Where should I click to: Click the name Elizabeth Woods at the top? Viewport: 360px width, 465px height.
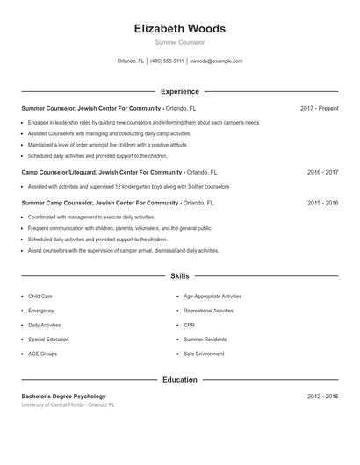click(x=179, y=29)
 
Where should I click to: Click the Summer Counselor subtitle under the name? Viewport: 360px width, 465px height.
click(x=179, y=42)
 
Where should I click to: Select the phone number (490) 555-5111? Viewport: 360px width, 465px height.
click(x=167, y=61)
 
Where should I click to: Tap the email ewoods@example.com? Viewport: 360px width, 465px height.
click(x=216, y=61)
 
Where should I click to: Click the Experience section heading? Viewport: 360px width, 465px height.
click(x=179, y=91)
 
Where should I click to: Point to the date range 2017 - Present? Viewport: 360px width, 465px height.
click(x=319, y=108)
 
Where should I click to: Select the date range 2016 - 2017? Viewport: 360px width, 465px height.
click(x=322, y=173)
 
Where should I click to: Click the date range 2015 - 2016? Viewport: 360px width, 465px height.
click(x=322, y=203)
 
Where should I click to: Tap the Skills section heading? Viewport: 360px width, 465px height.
click(x=179, y=276)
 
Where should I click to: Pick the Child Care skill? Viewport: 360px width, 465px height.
click(x=40, y=297)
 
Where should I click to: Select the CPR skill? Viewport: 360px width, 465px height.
click(x=189, y=325)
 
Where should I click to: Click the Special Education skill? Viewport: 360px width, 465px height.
click(x=48, y=339)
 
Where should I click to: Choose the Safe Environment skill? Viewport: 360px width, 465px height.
click(x=204, y=354)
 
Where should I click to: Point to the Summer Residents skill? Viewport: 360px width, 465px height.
click(x=205, y=339)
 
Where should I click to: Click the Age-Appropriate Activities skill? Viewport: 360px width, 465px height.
click(x=212, y=297)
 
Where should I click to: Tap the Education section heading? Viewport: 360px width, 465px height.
click(x=179, y=380)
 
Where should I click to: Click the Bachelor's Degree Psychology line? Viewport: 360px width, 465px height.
click(x=63, y=397)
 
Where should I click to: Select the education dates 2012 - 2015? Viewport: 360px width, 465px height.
click(x=322, y=397)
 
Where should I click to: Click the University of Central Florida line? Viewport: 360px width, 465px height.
click(x=68, y=404)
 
